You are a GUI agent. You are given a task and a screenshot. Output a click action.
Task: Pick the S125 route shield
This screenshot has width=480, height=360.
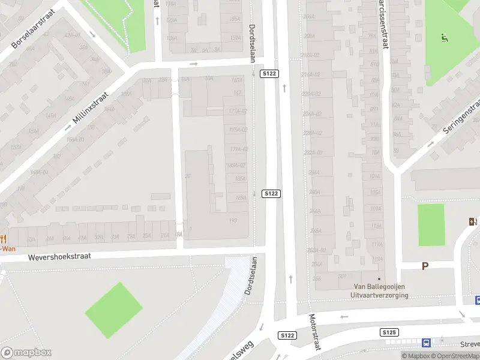(x=389, y=332)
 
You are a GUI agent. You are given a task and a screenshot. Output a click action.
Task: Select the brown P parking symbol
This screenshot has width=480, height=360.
(x=425, y=266)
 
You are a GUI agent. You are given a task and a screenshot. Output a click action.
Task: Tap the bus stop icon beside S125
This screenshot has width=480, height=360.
(x=426, y=343)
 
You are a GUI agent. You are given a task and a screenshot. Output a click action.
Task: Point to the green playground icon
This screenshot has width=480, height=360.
(x=444, y=38)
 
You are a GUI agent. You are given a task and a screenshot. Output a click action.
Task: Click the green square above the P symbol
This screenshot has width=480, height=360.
(x=431, y=224)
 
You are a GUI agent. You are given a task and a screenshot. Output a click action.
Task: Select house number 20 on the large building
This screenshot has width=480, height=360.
(x=188, y=176)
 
